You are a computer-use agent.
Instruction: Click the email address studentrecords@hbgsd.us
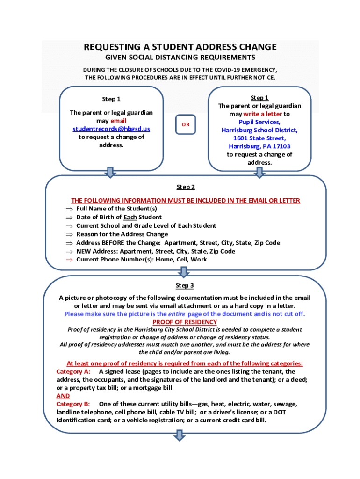(x=111, y=129)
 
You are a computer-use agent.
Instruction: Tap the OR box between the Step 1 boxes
(x=186, y=124)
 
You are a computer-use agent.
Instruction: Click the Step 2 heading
(x=186, y=187)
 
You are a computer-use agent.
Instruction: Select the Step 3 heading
(x=185, y=285)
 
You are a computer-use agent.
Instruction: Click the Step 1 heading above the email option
(x=111, y=99)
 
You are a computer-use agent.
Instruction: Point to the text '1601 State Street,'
(x=259, y=138)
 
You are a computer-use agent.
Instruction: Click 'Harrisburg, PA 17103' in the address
(x=259, y=146)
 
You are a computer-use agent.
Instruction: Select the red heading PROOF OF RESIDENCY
(x=185, y=322)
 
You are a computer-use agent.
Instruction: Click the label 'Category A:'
(x=73, y=371)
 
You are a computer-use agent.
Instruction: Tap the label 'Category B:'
(x=73, y=404)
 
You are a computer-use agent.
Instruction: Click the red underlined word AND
(x=63, y=396)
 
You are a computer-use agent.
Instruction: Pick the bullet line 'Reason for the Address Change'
(x=122, y=234)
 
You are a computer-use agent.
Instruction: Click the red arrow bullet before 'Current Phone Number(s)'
(x=69, y=260)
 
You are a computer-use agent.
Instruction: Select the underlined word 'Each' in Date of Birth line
(x=130, y=218)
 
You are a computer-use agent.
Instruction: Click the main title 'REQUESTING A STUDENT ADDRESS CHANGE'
(x=180, y=47)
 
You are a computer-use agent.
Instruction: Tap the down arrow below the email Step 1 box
(x=110, y=172)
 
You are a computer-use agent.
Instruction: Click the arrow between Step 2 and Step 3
(x=184, y=272)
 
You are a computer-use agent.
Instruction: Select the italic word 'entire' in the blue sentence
(x=177, y=314)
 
